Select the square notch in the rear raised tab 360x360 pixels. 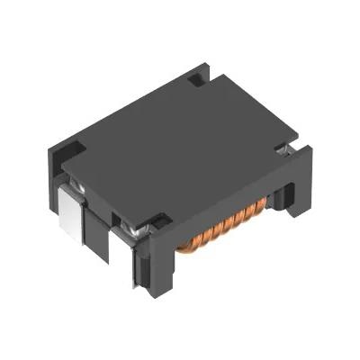[x=196, y=83]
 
